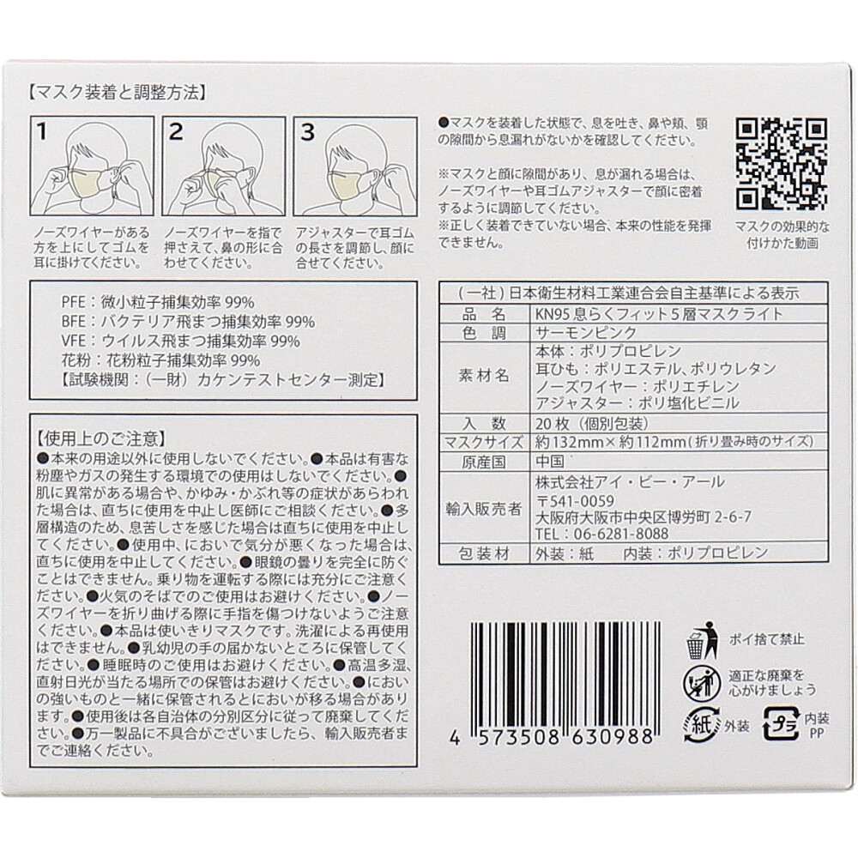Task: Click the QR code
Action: point(781,164)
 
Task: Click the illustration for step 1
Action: point(92,166)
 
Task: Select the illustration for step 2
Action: point(224,166)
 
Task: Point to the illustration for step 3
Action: point(355,166)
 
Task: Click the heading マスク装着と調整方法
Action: point(118,93)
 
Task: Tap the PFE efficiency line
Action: point(158,302)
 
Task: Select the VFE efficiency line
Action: point(180,341)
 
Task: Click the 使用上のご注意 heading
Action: point(101,438)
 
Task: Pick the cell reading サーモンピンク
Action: point(586,333)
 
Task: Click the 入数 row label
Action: point(484,423)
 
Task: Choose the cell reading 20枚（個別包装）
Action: point(592,423)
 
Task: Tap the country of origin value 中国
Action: point(549,462)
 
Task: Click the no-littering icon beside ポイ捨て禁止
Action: point(703,640)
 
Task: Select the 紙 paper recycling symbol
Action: point(702,726)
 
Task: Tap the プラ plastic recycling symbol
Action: point(782,724)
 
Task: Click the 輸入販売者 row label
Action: point(484,509)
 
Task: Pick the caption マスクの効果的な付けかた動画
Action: point(782,235)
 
